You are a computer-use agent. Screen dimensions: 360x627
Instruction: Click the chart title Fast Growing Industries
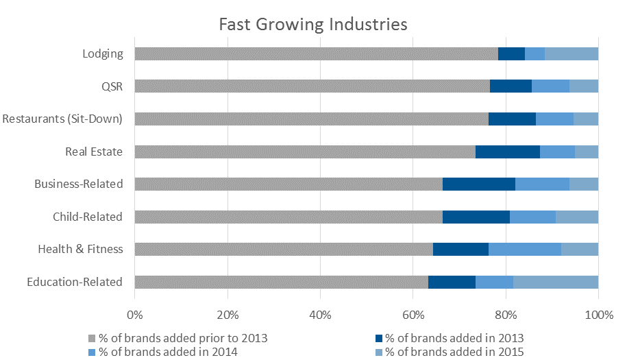click(x=313, y=25)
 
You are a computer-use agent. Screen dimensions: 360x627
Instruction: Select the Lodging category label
click(x=102, y=53)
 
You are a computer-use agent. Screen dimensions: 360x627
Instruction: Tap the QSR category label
click(x=111, y=86)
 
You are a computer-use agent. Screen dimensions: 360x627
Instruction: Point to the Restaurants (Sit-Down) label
click(x=62, y=119)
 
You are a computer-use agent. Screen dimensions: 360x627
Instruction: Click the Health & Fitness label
click(x=80, y=249)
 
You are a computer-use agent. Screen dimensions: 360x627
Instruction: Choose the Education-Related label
click(x=75, y=282)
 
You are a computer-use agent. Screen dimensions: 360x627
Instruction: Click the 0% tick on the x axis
click(x=135, y=315)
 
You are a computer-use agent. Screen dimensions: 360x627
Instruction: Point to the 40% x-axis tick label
click(x=320, y=315)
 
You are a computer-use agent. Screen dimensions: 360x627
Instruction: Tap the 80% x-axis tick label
click(x=506, y=315)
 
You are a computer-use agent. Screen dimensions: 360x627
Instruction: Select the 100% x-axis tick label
click(x=598, y=315)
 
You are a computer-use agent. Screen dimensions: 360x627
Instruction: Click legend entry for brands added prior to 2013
click(x=182, y=338)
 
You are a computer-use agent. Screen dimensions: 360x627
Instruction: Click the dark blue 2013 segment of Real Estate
click(x=507, y=152)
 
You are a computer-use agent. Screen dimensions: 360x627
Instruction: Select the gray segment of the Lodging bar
click(x=316, y=53)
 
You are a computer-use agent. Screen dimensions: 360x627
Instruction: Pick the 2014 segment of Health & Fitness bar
click(x=524, y=249)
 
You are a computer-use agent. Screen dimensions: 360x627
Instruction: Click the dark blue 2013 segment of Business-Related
click(x=478, y=184)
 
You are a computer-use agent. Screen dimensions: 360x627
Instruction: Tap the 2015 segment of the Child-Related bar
click(x=576, y=217)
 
